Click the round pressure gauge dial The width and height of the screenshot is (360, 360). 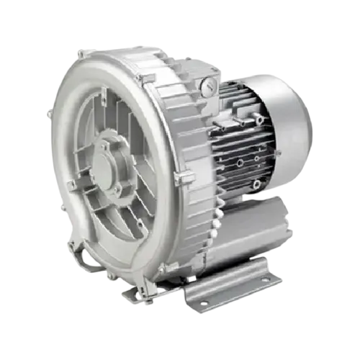[208, 86]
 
